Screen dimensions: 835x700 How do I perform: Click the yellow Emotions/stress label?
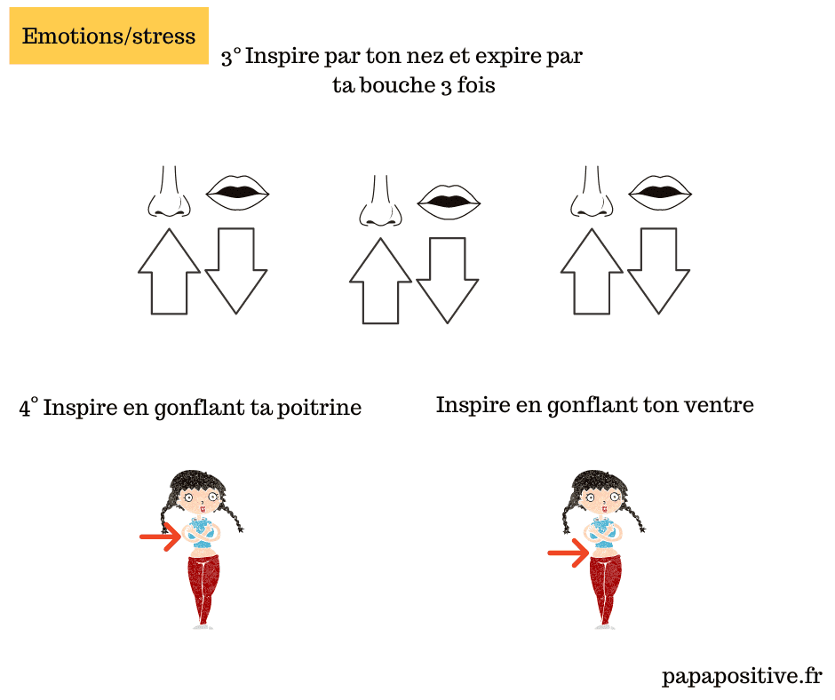click(108, 36)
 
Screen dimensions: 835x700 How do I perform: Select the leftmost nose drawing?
click(169, 191)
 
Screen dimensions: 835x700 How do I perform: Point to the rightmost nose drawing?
click(592, 191)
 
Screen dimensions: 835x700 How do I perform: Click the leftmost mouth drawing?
click(237, 192)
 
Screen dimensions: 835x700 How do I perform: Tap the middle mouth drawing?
click(449, 202)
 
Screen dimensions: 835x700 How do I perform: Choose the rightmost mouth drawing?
click(660, 192)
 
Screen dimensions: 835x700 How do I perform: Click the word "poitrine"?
click(319, 409)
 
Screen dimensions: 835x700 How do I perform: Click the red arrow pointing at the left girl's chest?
click(161, 537)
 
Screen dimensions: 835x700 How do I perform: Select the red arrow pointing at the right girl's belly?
click(569, 553)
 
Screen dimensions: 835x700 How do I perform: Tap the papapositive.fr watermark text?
click(742, 677)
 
